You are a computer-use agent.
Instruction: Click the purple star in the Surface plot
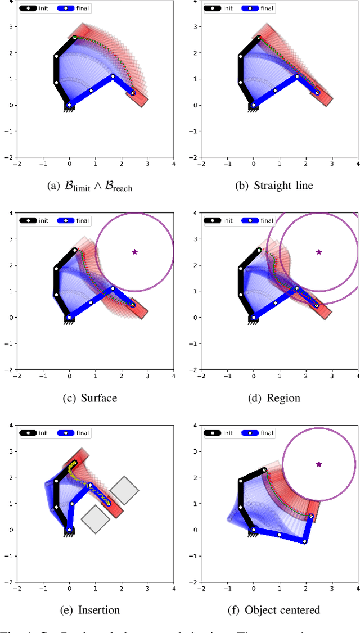click(x=134, y=252)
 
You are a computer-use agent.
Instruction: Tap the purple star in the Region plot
click(x=319, y=252)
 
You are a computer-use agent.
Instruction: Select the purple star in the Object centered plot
click(x=319, y=464)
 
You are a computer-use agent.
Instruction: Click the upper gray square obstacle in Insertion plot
click(x=124, y=491)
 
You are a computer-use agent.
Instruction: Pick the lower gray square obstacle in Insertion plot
click(x=95, y=518)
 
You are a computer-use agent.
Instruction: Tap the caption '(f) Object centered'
click(x=280, y=610)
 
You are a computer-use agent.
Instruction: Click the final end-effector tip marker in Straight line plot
click(x=317, y=93)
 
